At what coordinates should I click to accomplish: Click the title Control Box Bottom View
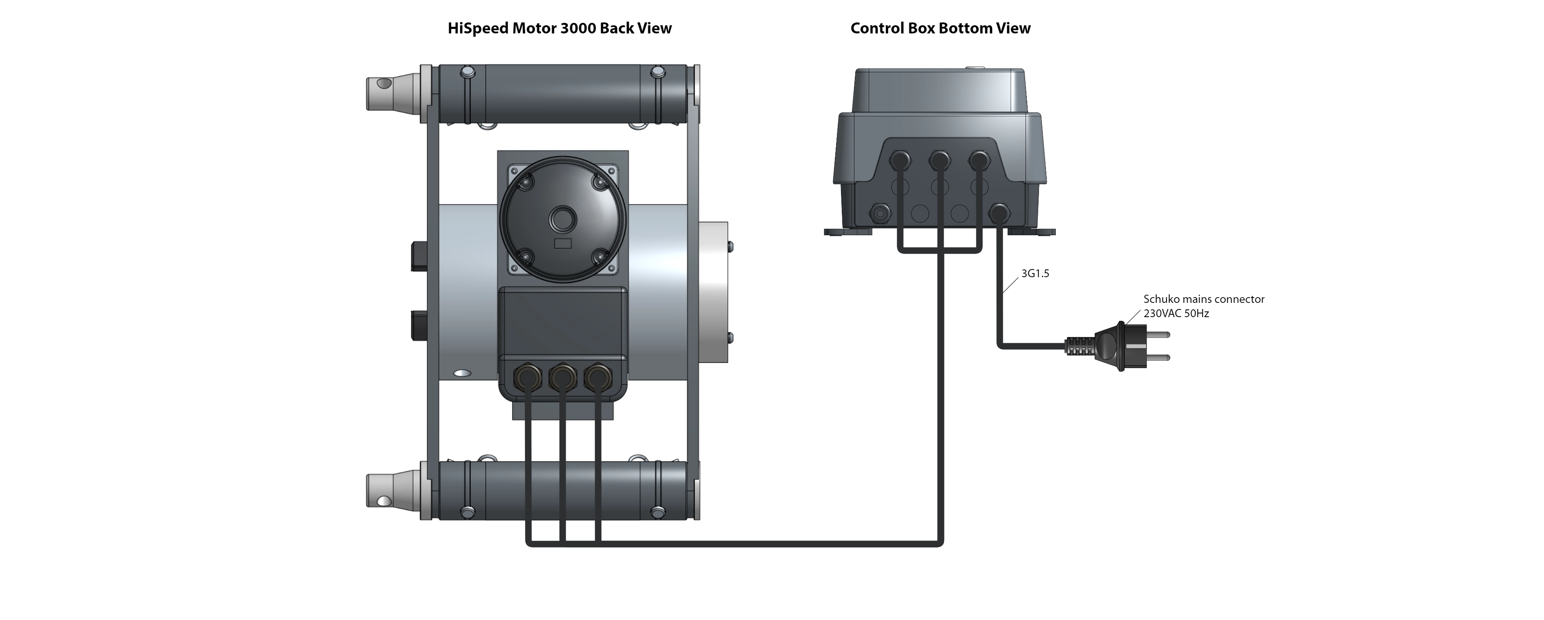(x=940, y=28)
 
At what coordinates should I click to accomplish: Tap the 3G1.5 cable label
(x=1035, y=274)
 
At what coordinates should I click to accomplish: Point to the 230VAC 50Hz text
(x=1176, y=313)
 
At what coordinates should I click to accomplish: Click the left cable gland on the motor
(x=527, y=377)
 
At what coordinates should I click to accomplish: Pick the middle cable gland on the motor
(x=562, y=377)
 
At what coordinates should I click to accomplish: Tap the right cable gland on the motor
(x=597, y=377)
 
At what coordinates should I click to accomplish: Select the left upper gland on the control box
(x=900, y=160)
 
